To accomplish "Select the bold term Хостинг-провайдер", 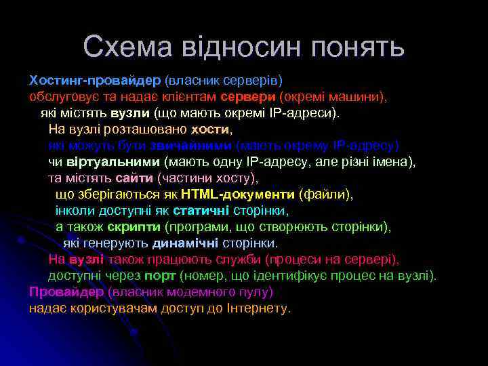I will tap(94, 81).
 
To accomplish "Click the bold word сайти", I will tap(134, 178).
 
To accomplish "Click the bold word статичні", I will tap(201, 211).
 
